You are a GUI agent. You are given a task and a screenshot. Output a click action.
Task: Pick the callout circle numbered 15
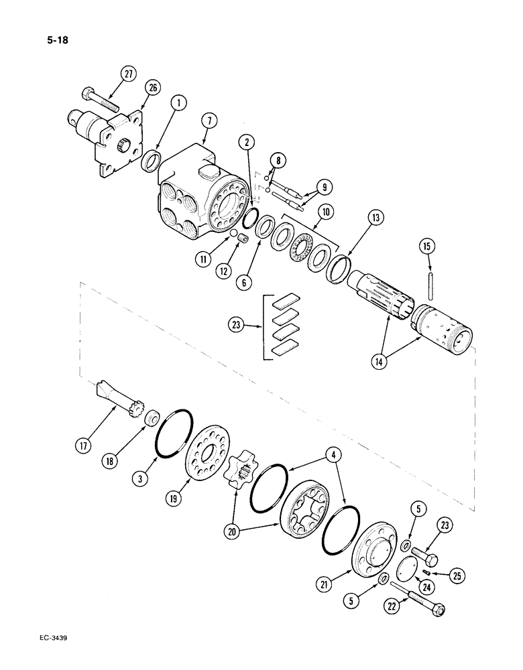tap(428, 246)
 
